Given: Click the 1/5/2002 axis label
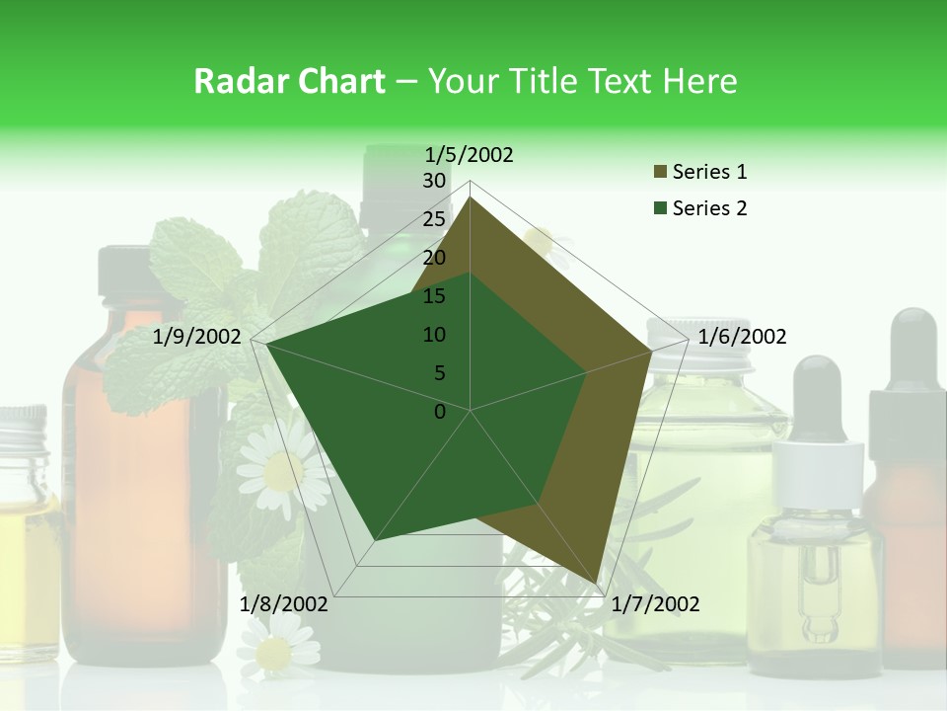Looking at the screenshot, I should click(469, 155).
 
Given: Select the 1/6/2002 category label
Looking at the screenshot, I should click(742, 337).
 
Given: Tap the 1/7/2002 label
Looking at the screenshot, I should click(655, 604).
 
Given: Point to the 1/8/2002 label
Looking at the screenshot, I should click(284, 604).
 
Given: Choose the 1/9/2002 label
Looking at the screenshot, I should click(197, 337).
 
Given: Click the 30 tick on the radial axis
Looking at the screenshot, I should click(434, 181).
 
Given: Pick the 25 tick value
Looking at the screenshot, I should click(434, 219).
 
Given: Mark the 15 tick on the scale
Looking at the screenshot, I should click(434, 296).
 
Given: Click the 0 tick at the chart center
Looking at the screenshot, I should click(440, 412).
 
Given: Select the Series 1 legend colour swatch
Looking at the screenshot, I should click(660, 173).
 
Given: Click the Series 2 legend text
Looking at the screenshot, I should click(709, 208).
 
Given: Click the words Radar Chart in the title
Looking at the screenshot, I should click(289, 82).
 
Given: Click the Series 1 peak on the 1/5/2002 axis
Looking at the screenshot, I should click(471, 197).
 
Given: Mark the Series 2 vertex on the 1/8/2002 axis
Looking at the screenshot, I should click(375, 541).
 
